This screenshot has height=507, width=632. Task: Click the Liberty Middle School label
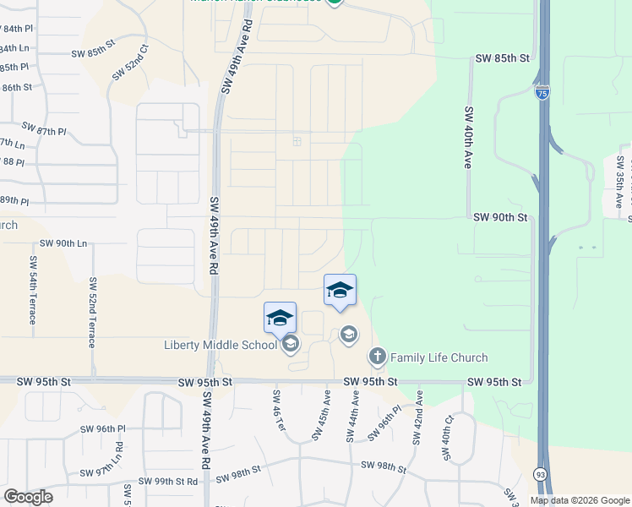(x=220, y=345)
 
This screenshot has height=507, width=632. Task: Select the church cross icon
(x=377, y=357)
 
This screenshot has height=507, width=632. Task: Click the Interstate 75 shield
(x=542, y=90)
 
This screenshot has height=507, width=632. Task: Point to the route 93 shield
(x=540, y=475)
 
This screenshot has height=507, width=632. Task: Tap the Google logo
(x=28, y=497)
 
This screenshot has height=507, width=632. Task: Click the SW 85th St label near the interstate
(x=502, y=58)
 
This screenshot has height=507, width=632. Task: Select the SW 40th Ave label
(x=466, y=137)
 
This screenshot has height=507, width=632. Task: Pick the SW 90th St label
(x=500, y=217)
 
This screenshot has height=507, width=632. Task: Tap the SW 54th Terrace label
(x=33, y=290)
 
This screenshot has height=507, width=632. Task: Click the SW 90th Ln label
(x=59, y=243)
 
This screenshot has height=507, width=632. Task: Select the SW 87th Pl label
(x=44, y=128)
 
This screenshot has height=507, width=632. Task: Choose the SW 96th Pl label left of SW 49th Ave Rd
(x=103, y=429)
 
